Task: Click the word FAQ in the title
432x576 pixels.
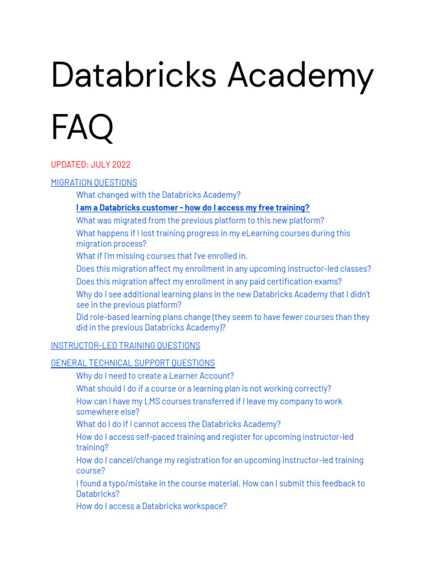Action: pos(82,128)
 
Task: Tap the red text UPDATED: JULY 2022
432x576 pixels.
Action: pos(91,164)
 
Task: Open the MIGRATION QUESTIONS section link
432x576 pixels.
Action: pos(94,182)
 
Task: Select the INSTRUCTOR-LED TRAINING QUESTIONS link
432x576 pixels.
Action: pos(125,345)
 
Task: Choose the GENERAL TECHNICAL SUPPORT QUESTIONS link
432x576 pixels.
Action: pos(133,363)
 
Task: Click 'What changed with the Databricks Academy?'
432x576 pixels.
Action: pos(158,195)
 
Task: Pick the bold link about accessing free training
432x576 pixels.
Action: pos(192,208)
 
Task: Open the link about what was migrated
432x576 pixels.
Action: pos(200,220)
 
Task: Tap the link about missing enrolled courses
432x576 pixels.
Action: pos(161,256)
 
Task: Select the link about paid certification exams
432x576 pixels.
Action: pos(209,281)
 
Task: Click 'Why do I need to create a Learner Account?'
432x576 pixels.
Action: pos(155,376)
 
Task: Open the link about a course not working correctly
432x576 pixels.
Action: pos(204,389)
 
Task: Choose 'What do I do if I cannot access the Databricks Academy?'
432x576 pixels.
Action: pos(178,424)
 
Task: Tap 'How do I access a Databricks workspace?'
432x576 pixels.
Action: pos(151,506)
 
